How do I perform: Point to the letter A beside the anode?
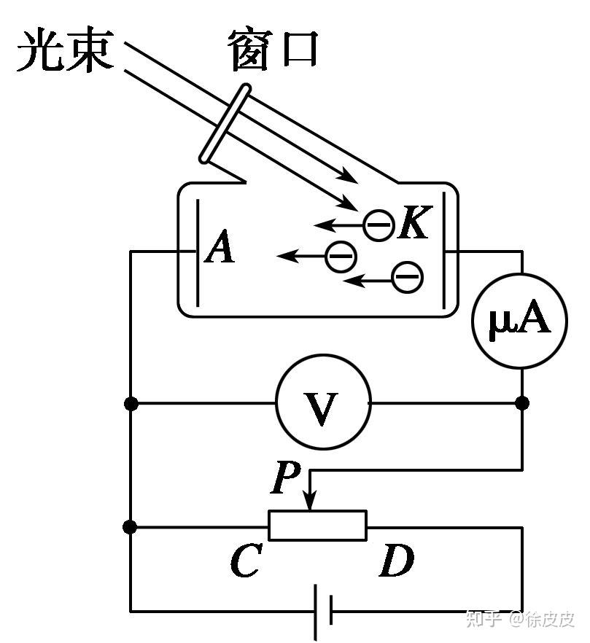pos(220,246)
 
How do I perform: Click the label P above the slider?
pos(286,477)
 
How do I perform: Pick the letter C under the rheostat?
pos(246,560)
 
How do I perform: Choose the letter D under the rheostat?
pos(396,560)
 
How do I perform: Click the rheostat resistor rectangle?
pos(317,526)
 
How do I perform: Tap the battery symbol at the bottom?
pos(323,612)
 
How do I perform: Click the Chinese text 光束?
pos(66,50)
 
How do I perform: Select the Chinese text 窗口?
pos(273,50)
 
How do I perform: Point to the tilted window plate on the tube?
pos(225,123)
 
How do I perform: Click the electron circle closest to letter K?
pos(379,225)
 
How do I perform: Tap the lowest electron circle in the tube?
pos(408,277)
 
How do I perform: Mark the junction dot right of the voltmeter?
pos(522,403)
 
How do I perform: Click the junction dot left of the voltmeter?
pos(131,404)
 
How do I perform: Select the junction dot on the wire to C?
pos(130,527)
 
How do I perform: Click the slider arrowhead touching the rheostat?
pos(310,502)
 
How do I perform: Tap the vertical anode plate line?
pos(198,253)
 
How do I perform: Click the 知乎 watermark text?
pos(484,619)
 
